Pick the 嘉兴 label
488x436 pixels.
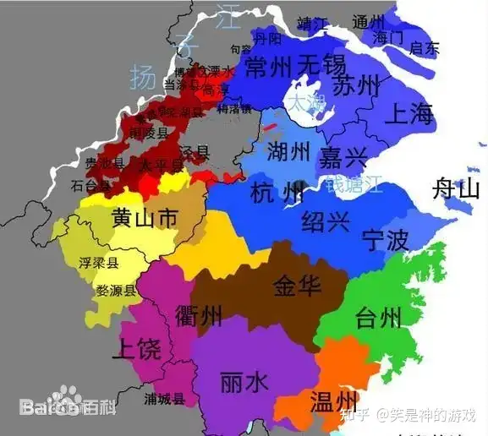343,156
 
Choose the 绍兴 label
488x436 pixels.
326,222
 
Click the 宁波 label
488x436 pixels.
386,241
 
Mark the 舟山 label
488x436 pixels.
456,188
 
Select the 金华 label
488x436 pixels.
297,286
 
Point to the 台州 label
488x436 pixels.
378,318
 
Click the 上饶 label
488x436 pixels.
136,348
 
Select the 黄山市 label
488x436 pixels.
144,218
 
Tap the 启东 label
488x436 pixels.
421,48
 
